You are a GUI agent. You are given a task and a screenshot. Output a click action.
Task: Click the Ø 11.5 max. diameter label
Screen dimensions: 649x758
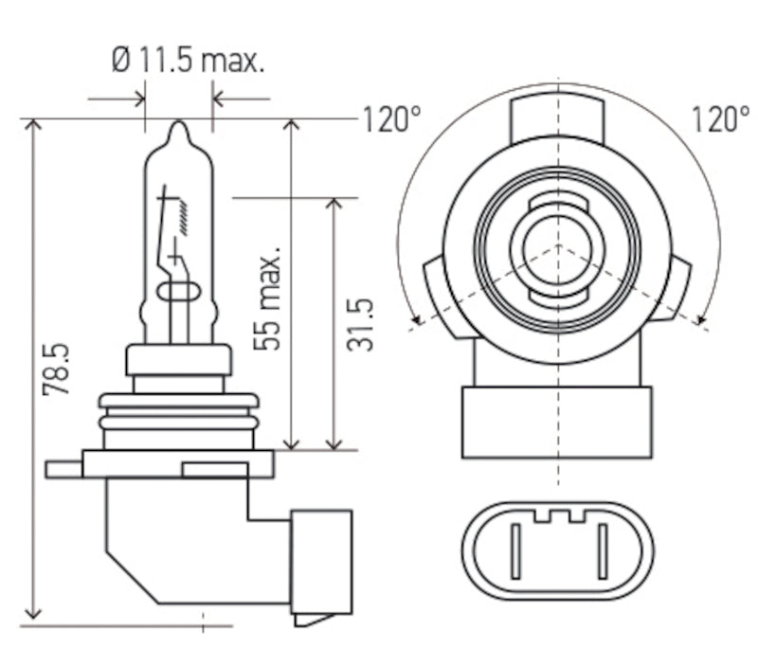point(188,63)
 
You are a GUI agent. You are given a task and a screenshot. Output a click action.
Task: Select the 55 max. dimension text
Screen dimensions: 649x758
point(268,299)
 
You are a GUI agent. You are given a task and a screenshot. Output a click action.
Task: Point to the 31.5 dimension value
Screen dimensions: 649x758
point(359,325)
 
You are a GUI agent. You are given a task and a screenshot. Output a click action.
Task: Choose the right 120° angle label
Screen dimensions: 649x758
point(719,119)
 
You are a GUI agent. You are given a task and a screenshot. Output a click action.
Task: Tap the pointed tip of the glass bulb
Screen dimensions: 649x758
point(178,126)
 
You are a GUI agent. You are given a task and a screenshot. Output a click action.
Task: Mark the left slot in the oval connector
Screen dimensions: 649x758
point(515,551)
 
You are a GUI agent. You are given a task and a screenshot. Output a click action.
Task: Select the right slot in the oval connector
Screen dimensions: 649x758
point(601,551)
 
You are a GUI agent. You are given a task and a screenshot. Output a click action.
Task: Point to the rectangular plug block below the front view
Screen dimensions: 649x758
point(557,422)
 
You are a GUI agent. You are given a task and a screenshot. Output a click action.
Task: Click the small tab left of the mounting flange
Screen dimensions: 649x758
point(63,469)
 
